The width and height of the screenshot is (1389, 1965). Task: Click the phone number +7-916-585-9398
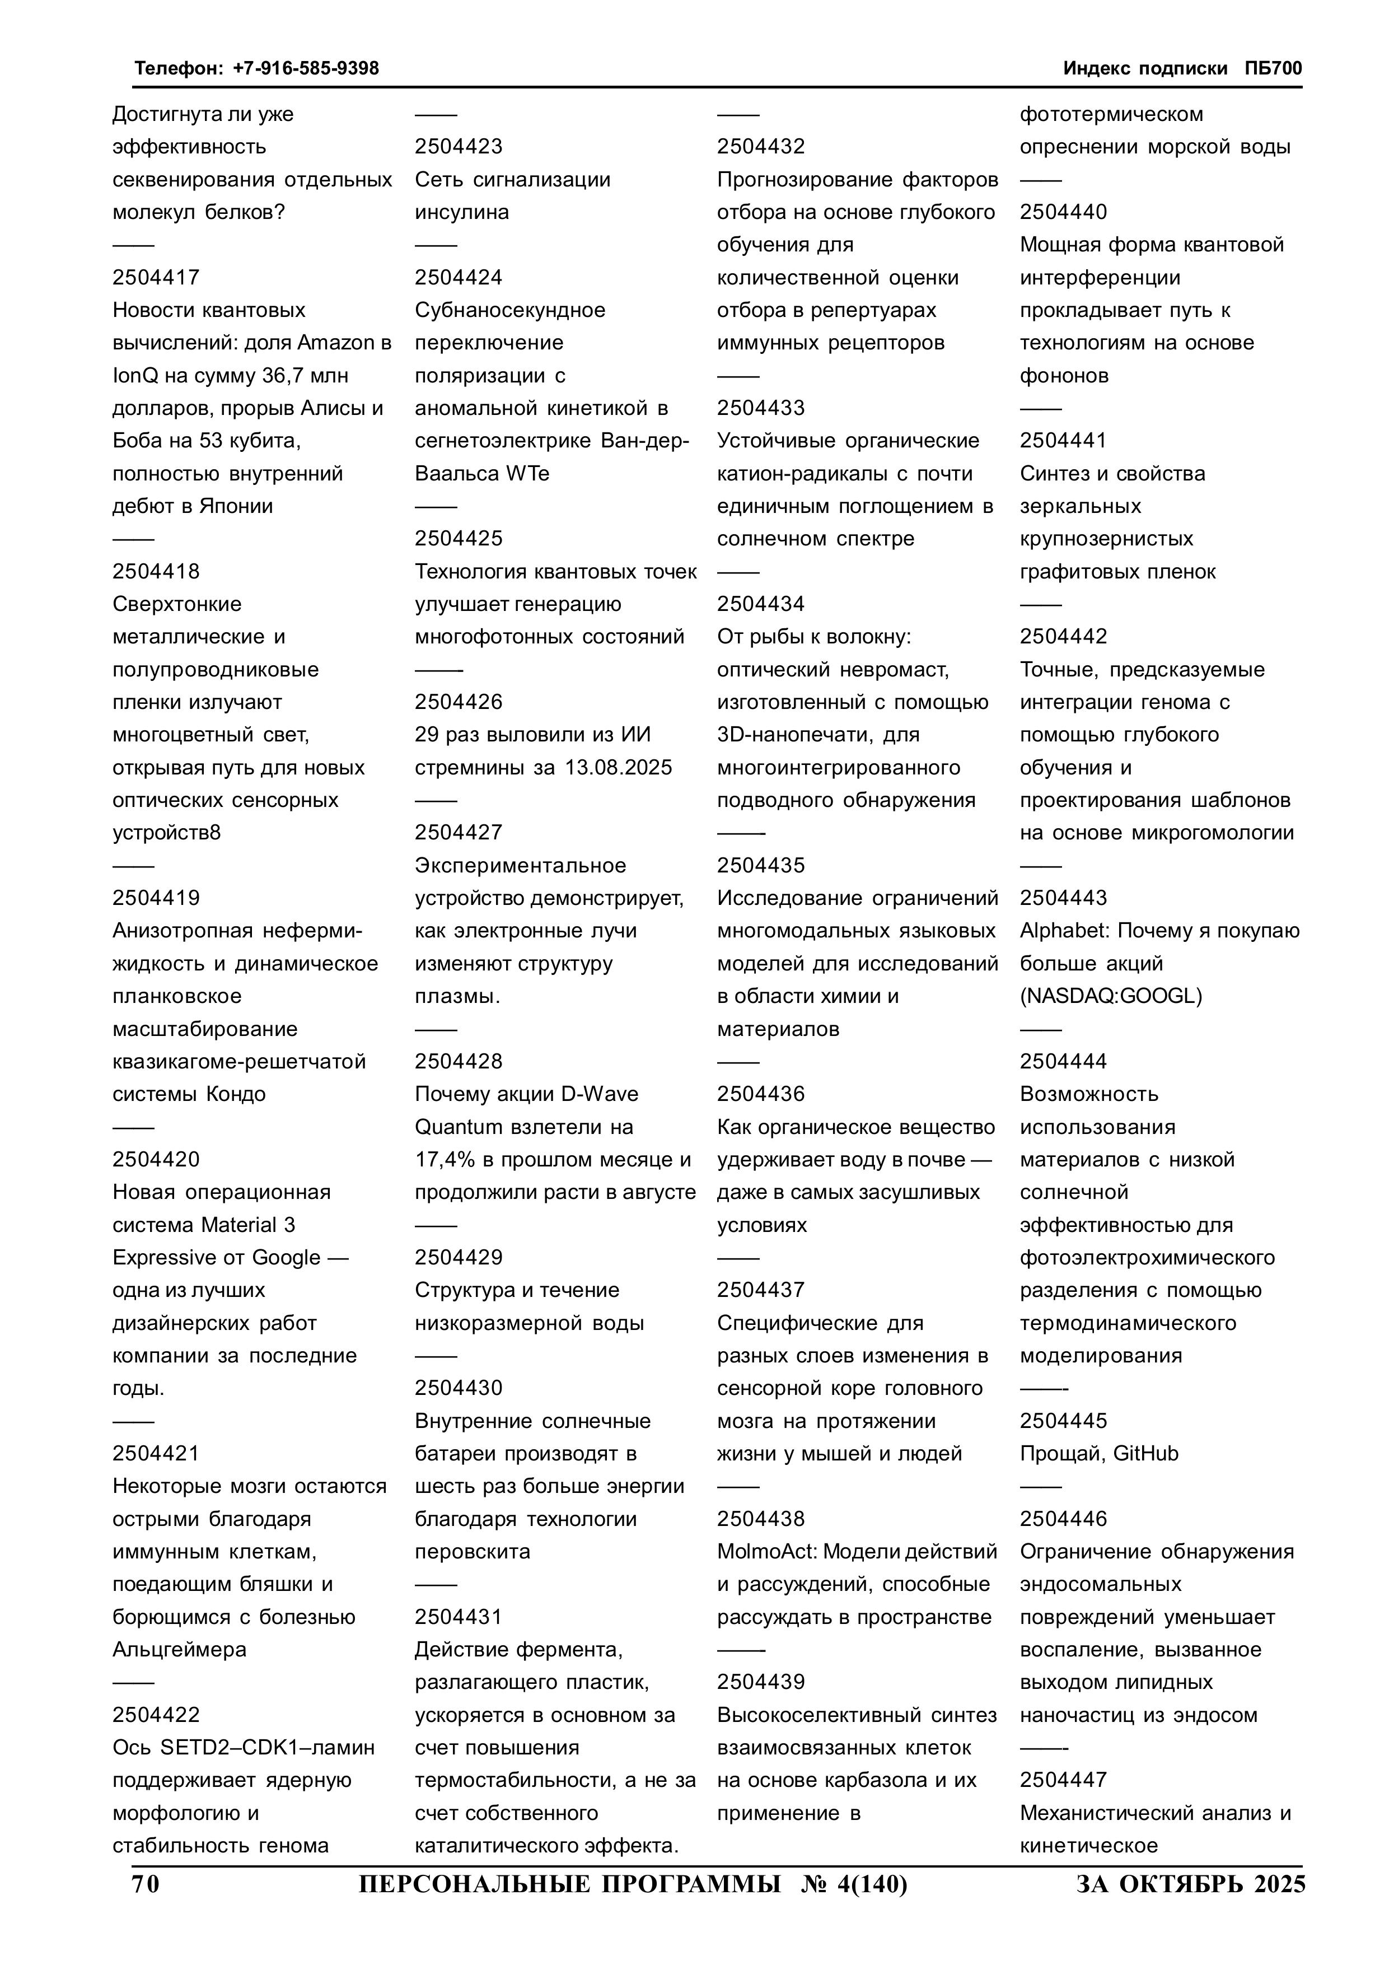[306, 68]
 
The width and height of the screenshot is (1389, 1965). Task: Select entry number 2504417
[156, 277]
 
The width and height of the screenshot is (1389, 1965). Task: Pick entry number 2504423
[459, 146]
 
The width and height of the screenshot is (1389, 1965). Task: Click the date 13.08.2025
[618, 768]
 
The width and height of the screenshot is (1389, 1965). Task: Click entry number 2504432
[761, 146]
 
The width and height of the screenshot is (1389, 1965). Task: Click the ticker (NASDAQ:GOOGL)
[1110, 996]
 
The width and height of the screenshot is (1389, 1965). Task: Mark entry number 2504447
[1063, 1780]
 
